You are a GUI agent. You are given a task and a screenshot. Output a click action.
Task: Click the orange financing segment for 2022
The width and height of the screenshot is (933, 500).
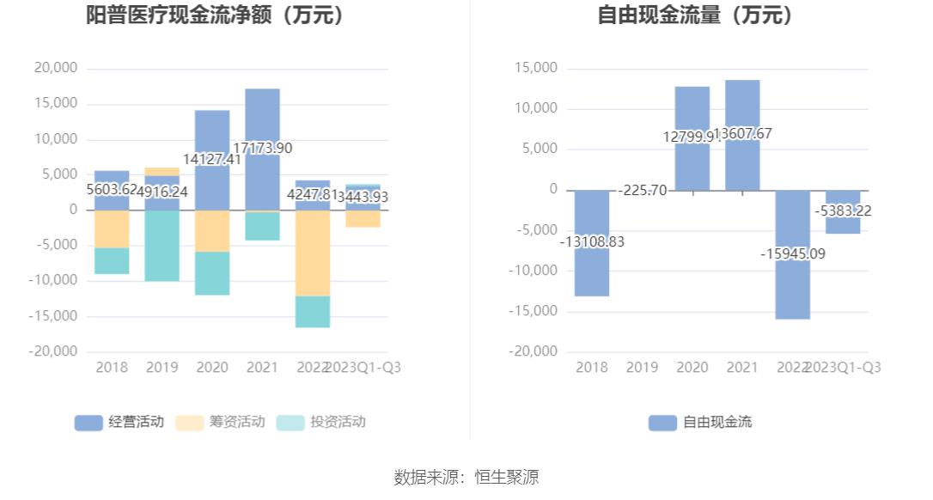click(x=313, y=253)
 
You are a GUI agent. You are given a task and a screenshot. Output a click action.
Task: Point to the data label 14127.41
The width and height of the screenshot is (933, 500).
click(x=212, y=159)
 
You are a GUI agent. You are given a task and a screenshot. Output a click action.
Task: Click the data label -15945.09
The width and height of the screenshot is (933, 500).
click(x=792, y=253)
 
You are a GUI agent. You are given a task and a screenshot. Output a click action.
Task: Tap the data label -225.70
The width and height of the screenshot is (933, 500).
click(x=643, y=191)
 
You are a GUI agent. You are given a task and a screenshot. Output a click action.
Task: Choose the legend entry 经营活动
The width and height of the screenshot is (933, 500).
click(x=119, y=422)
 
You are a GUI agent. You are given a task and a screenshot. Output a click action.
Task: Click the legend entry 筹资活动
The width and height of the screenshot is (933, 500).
click(x=221, y=422)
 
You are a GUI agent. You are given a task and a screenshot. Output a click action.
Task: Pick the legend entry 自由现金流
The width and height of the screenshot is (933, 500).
click(x=700, y=422)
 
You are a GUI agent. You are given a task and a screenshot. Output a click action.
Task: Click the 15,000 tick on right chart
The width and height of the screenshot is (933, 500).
click(x=535, y=68)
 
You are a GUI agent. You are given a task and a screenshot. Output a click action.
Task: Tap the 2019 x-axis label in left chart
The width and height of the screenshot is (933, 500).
click(x=162, y=368)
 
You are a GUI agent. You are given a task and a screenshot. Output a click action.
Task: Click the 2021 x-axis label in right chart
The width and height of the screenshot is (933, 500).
click(x=742, y=368)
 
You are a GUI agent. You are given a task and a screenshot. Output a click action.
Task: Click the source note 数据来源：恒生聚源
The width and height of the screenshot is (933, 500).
click(x=466, y=478)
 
